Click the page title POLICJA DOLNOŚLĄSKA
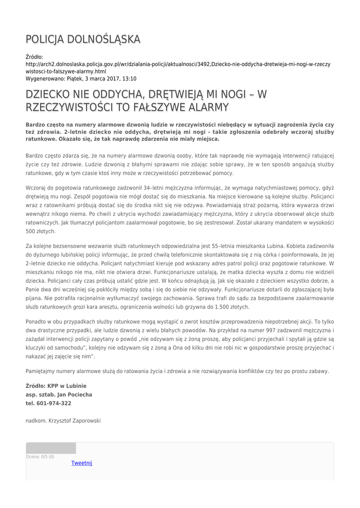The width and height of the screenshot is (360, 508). coord(83,39)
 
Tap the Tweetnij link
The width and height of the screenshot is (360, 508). coord(81,463)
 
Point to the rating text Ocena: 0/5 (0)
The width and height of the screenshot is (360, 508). coord(40,457)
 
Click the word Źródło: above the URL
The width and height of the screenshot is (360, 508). coord(34,57)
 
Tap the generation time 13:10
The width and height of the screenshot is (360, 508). coord(129,78)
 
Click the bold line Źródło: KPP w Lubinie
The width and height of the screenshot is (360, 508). coord(56,385)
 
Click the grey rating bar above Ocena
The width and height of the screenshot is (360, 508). coord(51,448)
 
